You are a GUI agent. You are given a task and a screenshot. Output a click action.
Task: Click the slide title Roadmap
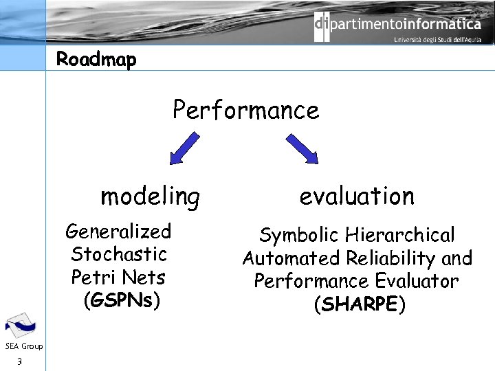[96, 60]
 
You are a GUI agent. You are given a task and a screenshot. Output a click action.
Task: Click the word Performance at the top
[246, 110]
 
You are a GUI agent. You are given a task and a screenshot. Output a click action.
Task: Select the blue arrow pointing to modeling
[184, 148]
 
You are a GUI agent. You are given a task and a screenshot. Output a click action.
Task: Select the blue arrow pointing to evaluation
[302, 148]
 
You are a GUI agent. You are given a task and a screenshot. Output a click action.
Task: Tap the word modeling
[150, 197]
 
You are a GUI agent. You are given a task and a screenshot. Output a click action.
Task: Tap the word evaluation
[357, 196]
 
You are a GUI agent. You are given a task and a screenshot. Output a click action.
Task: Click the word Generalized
[118, 232]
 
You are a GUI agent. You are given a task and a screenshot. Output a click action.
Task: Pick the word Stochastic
[119, 254]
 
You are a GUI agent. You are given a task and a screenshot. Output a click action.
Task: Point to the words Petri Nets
[118, 278]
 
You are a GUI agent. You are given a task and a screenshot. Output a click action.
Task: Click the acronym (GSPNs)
[121, 301]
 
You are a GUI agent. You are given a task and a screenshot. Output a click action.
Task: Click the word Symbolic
[298, 236]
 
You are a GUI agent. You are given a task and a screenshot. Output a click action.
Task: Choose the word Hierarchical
[400, 236]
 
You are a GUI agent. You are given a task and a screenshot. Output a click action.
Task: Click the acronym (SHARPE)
[359, 305]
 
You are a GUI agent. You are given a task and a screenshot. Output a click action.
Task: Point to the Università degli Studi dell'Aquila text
[437, 41]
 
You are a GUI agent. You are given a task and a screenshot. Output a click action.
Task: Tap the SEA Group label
[23, 346]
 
